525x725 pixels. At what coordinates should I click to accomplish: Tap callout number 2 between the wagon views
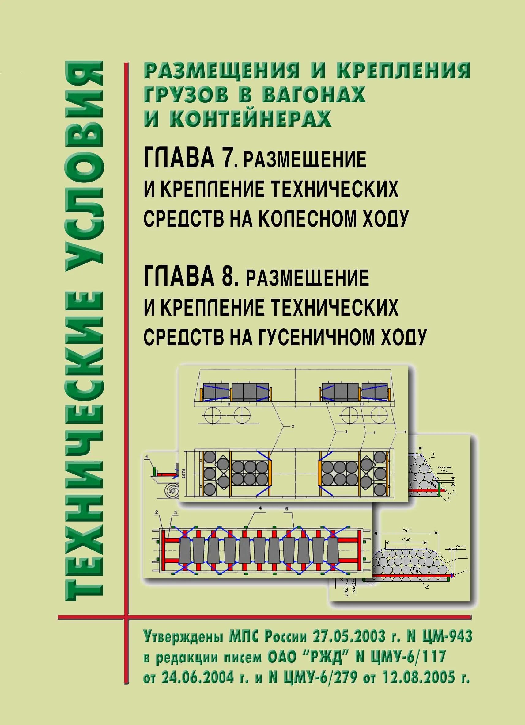(293, 426)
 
